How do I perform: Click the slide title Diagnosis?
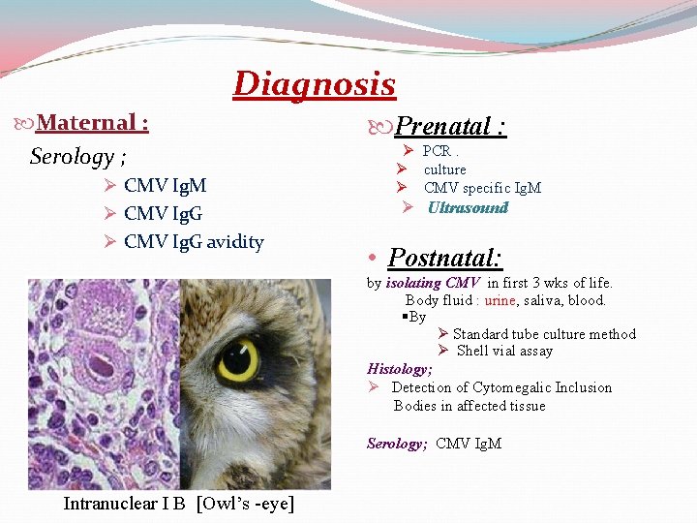[x=315, y=84]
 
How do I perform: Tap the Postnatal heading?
[x=444, y=258]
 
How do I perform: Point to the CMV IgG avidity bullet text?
[x=194, y=241]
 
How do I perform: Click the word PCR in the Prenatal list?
[x=437, y=151]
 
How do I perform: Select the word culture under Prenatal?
[x=444, y=169]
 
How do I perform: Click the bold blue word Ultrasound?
[x=468, y=207]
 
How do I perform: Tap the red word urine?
[x=500, y=300]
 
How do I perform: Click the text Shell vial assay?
[x=504, y=351]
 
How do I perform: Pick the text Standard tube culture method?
[x=544, y=334]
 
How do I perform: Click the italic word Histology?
[x=399, y=369]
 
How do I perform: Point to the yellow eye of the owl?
[x=237, y=359]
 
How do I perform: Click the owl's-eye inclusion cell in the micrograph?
[x=101, y=368]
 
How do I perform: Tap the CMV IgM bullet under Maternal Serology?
[x=165, y=185]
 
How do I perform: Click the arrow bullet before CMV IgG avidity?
[x=108, y=241]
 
